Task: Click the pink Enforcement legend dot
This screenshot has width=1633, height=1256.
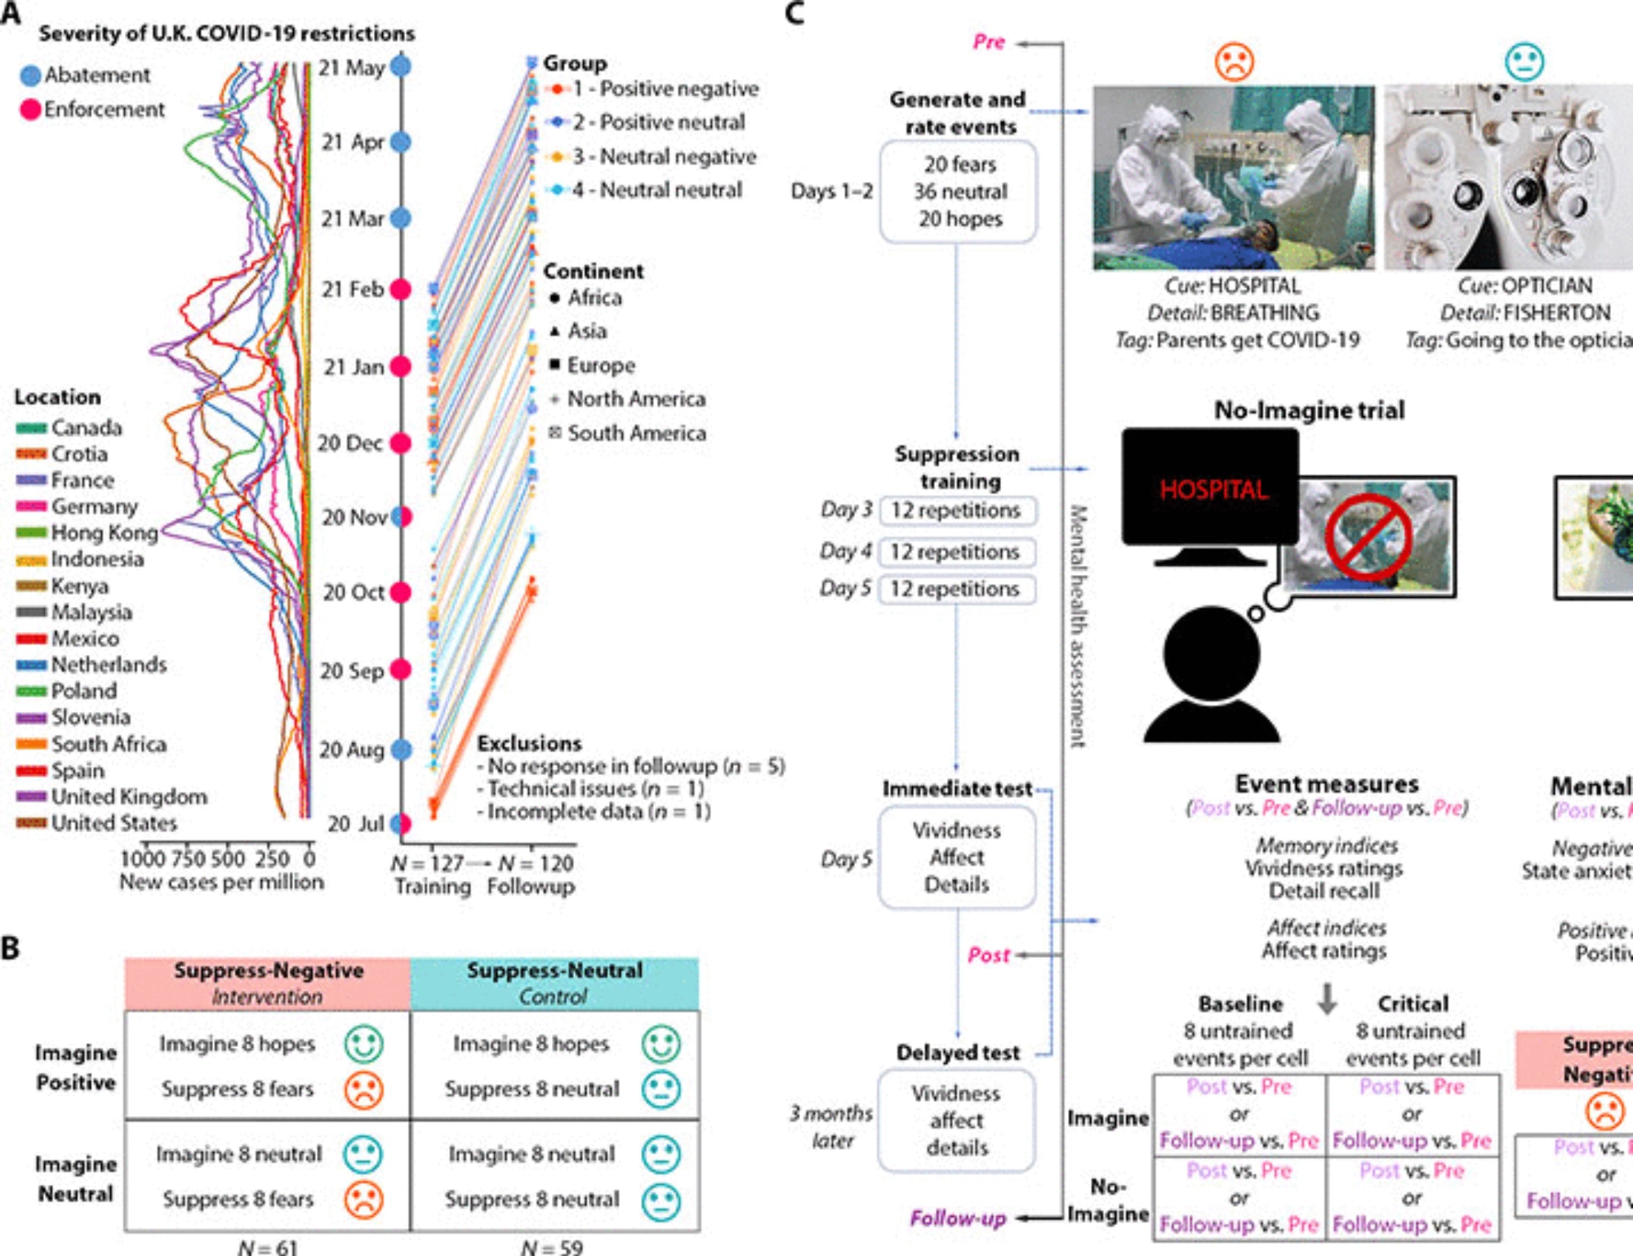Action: click(30, 109)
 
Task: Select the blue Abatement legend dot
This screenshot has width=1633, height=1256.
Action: click(30, 75)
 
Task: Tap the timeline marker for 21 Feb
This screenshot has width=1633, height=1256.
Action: click(401, 289)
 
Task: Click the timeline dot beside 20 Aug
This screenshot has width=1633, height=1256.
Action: click(401, 749)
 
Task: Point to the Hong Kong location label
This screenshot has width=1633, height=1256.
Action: click(105, 533)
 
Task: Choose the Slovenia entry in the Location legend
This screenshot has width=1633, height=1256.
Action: click(91, 718)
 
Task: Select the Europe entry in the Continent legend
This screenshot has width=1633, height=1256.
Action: click(601, 365)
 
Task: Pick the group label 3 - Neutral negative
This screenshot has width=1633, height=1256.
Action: click(664, 156)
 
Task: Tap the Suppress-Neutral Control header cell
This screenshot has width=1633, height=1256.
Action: click(554, 982)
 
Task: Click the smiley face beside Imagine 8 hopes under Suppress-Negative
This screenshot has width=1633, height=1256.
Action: click(363, 1044)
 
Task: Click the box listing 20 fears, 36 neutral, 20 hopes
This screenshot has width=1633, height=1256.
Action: click(959, 192)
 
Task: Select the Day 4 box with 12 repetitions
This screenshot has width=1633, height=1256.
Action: click(956, 552)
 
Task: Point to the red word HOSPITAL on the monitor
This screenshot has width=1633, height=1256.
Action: click(1214, 490)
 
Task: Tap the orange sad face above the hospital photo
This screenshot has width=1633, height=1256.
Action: click(1234, 61)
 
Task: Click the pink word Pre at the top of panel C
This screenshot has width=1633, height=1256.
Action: click(988, 42)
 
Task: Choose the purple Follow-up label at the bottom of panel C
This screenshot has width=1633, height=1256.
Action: click(958, 1218)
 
